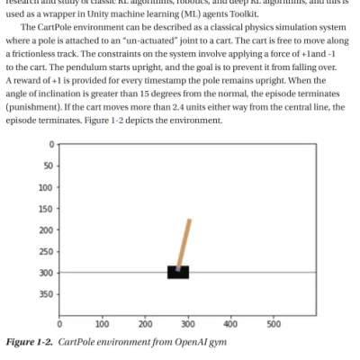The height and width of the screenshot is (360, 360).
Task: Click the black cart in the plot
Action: (x=177, y=272)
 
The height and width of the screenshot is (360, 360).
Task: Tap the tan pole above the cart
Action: (x=184, y=243)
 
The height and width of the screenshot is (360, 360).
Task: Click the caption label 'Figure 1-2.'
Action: (x=29, y=342)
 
